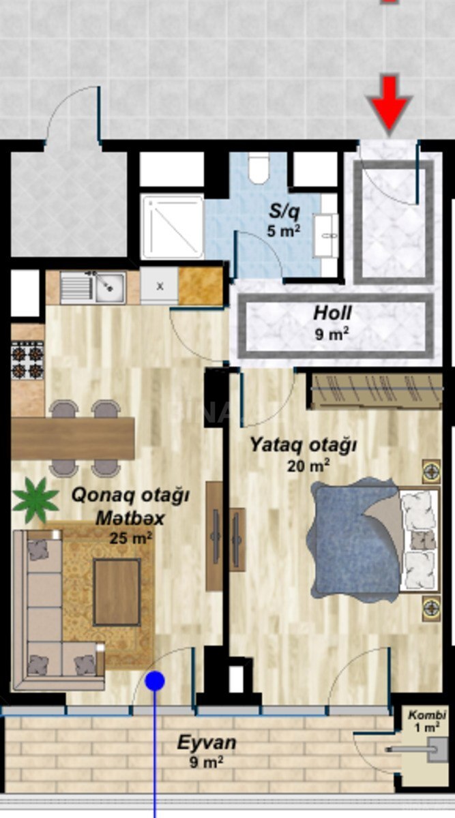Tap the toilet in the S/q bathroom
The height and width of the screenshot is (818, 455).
[259, 168]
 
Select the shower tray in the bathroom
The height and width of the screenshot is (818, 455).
[173, 227]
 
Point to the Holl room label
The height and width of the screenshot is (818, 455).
[332, 314]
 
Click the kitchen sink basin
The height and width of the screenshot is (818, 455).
[110, 288]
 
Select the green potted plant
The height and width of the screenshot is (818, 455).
[36, 500]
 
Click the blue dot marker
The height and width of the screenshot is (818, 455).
[155, 681]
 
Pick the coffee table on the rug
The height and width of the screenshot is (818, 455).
[117, 592]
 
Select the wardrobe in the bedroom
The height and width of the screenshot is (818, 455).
[377, 391]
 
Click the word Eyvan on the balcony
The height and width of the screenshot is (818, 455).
[207, 743]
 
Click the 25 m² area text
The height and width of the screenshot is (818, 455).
[130, 538]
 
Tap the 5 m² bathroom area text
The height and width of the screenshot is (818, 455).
[284, 231]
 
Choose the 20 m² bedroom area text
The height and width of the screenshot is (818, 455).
[308, 466]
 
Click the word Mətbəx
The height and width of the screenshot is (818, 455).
[130, 518]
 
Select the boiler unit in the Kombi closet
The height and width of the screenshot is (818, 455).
[437, 749]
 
